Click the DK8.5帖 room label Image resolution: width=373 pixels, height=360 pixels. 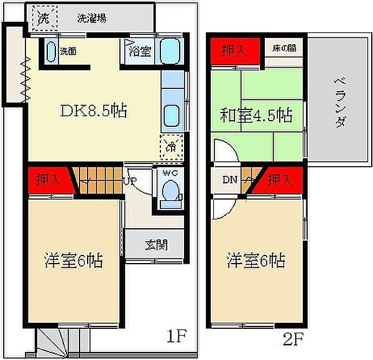point(93,111)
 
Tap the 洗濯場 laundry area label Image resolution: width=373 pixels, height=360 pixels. point(91,18)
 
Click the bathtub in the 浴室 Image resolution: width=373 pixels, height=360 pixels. point(170,51)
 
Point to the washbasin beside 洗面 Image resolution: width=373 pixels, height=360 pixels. point(52,52)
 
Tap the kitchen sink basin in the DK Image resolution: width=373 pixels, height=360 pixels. point(172,116)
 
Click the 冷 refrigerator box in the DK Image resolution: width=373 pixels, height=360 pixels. point(172,147)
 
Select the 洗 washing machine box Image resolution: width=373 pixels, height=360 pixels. point(45,18)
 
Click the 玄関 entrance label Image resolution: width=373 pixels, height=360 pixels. point(156,245)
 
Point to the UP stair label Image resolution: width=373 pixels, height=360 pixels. point(130,181)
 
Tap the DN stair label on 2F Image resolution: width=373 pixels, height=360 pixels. point(229,180)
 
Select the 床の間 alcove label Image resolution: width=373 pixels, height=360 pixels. point(284,48)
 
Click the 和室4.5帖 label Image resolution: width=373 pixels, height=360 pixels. point(256,116)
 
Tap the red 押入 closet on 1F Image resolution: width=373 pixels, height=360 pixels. point(50,180)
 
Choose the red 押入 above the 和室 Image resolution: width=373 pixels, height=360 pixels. point(235,51)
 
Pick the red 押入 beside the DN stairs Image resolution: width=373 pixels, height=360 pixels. point(279,180)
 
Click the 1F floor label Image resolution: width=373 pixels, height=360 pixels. point(177,336)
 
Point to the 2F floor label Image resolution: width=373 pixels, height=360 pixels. point(293,339)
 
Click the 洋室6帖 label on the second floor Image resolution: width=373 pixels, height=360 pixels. point(256,261)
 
